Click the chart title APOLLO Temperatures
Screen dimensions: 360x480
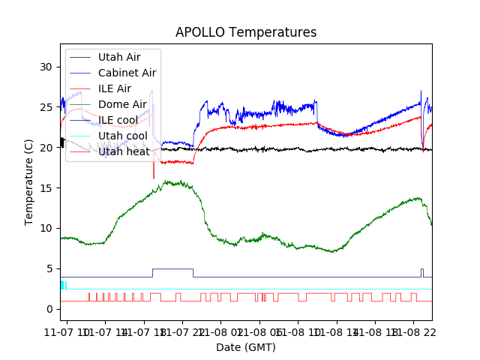tap(246, 32)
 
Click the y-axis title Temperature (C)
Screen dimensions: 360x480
tap(29, 181)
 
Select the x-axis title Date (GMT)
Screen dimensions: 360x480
tap(246, 347)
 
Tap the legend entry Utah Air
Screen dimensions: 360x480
tap(118, 56)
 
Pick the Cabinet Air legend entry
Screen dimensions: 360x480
tap(127, 73)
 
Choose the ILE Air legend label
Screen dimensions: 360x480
tap(114, 88)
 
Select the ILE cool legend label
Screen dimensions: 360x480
tap(117, 120)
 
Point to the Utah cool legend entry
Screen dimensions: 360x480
tap(122, 136)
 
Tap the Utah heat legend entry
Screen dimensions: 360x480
tap(123, 151)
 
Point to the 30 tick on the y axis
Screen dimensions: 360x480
tap(47, 67)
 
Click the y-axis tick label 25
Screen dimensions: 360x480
tap(47, 107)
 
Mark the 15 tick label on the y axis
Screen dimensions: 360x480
tap(47, 187)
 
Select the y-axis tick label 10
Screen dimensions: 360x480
tap(47, 228)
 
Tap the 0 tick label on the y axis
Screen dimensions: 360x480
tap(50, 309)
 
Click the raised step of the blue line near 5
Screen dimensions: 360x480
tap(172, 268)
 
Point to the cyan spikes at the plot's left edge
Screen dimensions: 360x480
tap(63, 285)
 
